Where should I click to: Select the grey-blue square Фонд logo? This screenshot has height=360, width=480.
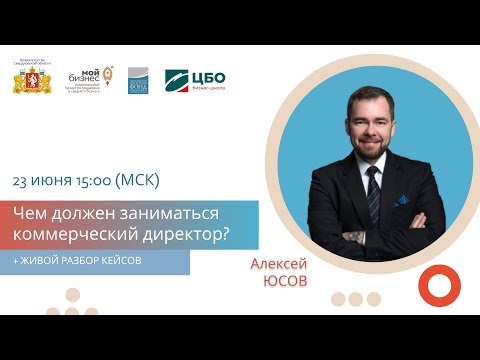[138, 81]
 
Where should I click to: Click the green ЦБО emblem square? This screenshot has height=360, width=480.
[177, 80]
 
